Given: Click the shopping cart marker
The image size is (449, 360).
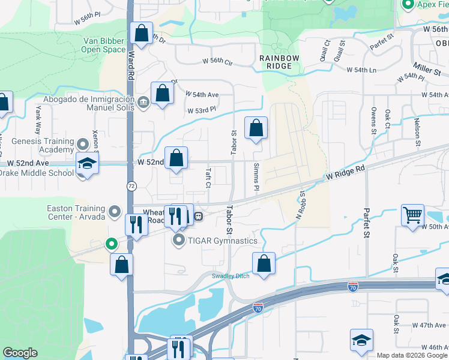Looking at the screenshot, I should click(x=413, y=215).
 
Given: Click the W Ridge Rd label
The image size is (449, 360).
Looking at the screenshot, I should click(x=346, y=174).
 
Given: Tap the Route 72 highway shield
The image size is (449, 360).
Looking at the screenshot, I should click(x=131, y=187).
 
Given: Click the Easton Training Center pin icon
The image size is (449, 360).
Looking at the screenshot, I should click(x=115, y=212).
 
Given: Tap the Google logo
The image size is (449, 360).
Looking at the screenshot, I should click(x=20, y=353).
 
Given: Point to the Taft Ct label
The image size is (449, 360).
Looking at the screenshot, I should click(x=208, y=178).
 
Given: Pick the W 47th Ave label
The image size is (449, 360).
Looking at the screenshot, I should click(x=429, y=325).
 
